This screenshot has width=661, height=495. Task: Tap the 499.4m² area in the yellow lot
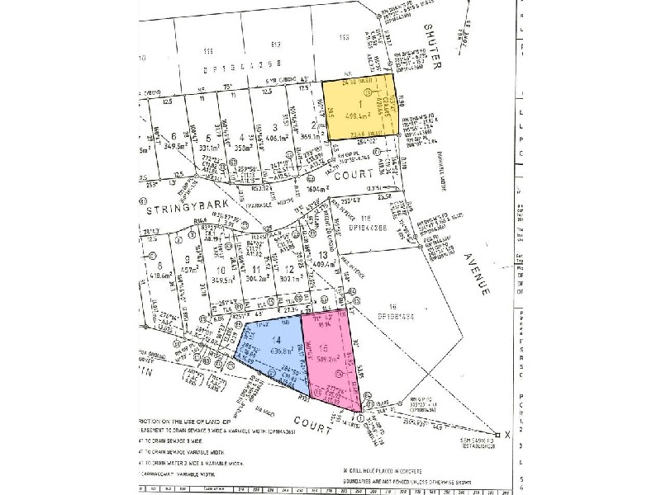[x=363, y=117]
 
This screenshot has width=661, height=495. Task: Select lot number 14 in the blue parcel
[x=276, y=341]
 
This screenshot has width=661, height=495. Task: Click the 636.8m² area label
[x=278, y=350]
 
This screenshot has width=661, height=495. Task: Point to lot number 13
[x=321, y=255]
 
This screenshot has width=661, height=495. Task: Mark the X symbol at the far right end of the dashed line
[x=496, y=435]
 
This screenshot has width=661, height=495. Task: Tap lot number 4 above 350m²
[x=241, y=138]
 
